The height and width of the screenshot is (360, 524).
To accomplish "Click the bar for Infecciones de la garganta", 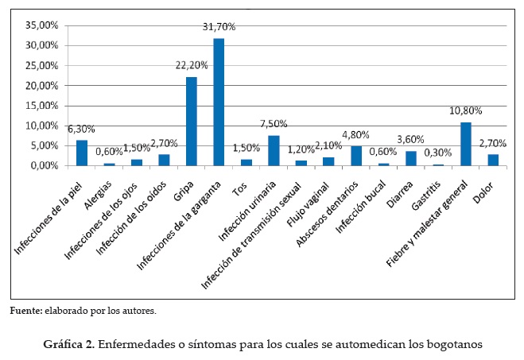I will [x=218, y=102].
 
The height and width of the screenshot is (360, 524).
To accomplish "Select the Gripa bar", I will [x=191, y=121].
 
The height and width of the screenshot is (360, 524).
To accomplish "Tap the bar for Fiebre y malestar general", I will [x=466, y=144].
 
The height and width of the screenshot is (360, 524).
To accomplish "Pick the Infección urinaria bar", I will [x=274, y=150].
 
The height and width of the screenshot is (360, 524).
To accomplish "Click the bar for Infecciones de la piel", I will [x=81, y=153].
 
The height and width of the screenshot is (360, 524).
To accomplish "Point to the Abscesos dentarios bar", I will [x=355, y=156].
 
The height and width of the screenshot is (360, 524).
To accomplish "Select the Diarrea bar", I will [x=411, y=158].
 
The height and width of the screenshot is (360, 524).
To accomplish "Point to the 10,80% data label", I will [x=465, y=110].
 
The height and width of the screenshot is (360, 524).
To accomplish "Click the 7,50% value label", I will [x=274, y=124].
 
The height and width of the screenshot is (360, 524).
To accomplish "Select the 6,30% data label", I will [x=81, y=129].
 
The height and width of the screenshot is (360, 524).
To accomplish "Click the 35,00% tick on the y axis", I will [x=42, y=25].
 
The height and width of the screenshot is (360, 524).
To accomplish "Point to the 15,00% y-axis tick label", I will [x=42, y=106].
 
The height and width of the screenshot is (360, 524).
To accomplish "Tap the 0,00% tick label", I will [x=45, y=165].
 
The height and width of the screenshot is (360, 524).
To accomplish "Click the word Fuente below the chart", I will [x=24, y=311].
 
